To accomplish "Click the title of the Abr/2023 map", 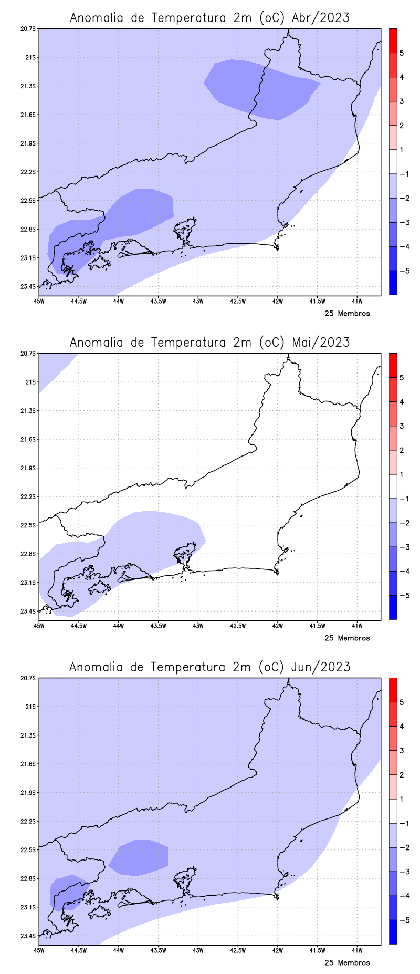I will click(209, 18).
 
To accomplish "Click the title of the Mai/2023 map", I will click(209, 343).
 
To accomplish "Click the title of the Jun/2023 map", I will click(209, 667).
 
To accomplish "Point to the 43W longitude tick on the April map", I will click(198, 301).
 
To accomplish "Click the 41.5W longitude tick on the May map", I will click(317, 626).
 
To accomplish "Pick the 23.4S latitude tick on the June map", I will click(29, 936).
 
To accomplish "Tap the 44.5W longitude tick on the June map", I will click(78, 950).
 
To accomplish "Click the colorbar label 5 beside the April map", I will click(402, 53).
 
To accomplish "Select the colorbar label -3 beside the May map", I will click(404, 547).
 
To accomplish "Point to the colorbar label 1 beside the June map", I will click(402, 799).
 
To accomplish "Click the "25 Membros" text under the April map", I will click(347, 314).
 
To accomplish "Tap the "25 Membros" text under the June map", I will click(347, 963).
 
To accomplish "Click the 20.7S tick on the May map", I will click(29, 353).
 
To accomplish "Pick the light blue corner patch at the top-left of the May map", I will click(52, 368).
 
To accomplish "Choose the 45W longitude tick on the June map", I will click(39, 950).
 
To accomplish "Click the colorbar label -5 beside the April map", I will click(404, 271).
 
